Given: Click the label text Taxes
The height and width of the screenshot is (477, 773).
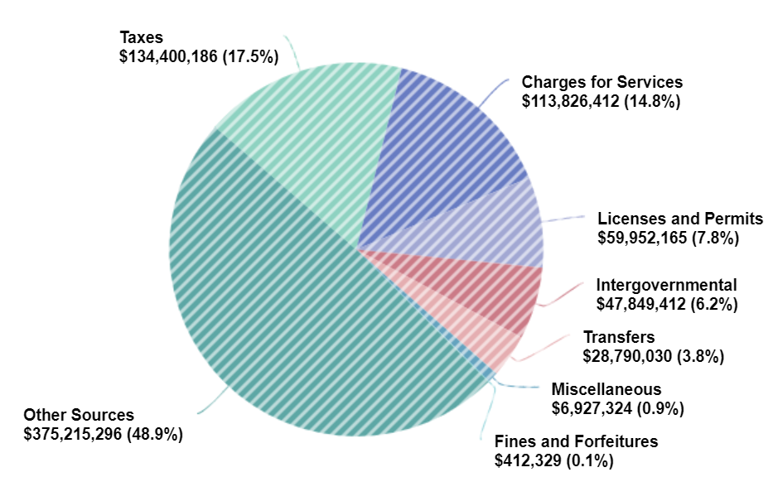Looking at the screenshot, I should point(142,38).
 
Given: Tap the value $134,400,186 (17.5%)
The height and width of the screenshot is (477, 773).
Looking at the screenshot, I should point(198,57).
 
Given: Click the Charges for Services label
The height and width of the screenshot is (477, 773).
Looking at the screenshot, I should point(601,82).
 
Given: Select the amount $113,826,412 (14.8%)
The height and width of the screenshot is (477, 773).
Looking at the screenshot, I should point(601,101).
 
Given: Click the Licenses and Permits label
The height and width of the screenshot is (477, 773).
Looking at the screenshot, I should point(679,219).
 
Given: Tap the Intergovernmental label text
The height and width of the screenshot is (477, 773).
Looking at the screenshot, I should point(666,285).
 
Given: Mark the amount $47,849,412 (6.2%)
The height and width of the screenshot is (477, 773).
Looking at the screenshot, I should point(667,304).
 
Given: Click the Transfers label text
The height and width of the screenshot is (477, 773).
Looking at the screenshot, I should point(619,337).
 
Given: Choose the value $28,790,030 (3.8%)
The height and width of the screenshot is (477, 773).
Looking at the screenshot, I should point(654,356).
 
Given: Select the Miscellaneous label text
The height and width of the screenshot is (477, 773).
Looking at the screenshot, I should point(606,389).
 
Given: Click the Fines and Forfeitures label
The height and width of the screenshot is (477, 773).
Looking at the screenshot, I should point(576,441).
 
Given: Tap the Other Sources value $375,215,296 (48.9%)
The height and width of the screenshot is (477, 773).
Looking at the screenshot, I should point(103,434).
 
